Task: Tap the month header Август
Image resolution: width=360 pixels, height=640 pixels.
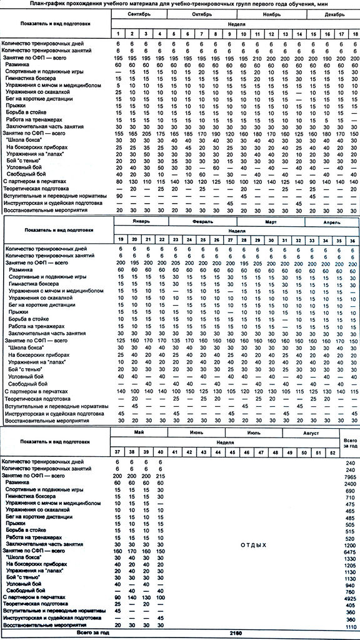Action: (x=311, y=433)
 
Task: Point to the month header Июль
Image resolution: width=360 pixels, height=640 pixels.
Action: (x=253, y=433)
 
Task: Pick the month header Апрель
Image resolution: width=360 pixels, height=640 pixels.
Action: (x=332, y=221)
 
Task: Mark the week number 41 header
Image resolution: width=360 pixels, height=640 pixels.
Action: (x=176, y=451)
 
